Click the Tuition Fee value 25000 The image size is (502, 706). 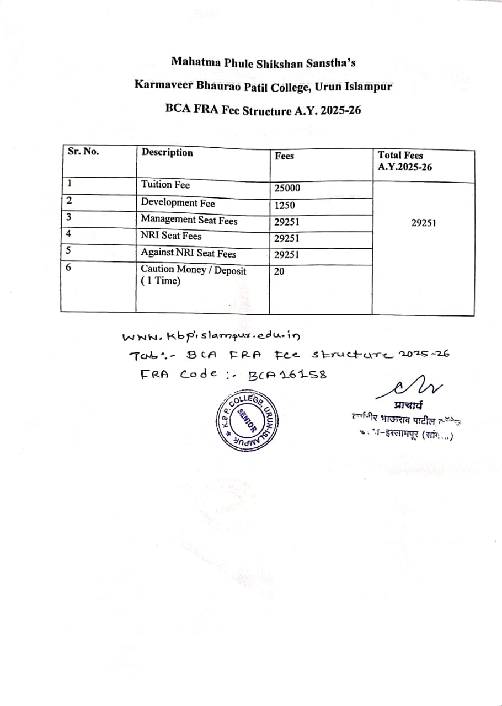pyautogui.click(x=287, y=188)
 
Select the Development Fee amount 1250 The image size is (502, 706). pyautogui.click(x=285, y=206)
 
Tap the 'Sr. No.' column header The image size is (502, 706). pyautogui.click(x=83, y=152)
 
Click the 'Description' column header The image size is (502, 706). pyautogui.click(x=167, y=152)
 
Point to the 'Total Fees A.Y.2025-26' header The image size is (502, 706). pyautogui.click(x=404, y=161)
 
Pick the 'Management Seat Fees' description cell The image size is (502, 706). pyautogui.click(x=189, y=220)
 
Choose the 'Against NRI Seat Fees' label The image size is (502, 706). pyautogui.click(x=188, y=253)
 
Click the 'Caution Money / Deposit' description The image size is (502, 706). pyautogui.click(x=194, y=270)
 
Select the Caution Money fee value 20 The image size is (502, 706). pyautogui.click(x=279, y=271)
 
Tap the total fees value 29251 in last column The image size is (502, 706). pyautogui.click(x=424, y=223)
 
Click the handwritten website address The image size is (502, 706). pyautogui.click(x=212, y=335)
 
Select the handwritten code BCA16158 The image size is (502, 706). pyautogui.click(x=287, y=375)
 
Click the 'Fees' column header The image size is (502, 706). pyautogui.click(x=284, y=156)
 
